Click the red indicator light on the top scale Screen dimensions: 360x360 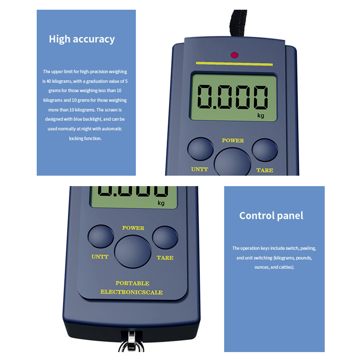234,55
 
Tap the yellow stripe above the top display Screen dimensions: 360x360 234,64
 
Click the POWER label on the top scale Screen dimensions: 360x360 233,140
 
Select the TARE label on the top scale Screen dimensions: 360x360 265,170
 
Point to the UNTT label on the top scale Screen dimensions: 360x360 199,169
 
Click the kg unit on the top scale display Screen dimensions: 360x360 261,115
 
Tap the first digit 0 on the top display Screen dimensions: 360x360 205,96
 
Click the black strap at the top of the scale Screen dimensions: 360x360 238,23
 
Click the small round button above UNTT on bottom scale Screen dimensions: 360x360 101,236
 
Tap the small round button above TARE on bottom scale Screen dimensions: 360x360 165,237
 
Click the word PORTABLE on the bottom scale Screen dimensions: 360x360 132,283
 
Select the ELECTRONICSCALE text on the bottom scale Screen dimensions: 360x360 131,292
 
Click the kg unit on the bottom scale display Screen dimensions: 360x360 161,203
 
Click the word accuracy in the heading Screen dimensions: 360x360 94,39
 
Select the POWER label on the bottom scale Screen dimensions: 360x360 133,228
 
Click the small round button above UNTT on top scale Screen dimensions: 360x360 201,149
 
